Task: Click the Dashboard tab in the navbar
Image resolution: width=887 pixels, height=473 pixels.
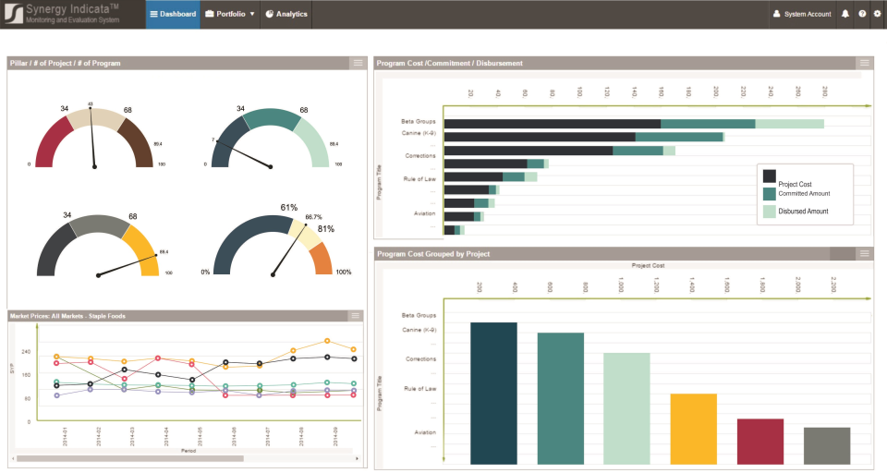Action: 173,14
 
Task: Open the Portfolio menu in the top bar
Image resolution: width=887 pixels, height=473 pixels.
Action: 229,14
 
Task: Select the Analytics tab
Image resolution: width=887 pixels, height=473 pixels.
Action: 286,14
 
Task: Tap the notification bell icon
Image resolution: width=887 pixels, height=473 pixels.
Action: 845,14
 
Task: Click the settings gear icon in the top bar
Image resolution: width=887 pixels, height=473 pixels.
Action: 877,14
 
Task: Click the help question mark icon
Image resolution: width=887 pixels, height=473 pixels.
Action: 861,14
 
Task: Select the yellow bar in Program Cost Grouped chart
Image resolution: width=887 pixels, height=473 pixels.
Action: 693,429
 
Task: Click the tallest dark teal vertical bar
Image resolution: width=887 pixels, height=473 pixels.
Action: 493,393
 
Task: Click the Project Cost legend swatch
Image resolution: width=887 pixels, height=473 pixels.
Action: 769,176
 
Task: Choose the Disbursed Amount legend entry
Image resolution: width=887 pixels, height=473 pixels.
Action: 803,212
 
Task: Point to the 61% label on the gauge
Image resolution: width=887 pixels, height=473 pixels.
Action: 288,208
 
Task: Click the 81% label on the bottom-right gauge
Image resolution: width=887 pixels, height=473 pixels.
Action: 326,229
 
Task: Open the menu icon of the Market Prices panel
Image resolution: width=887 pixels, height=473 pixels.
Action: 356,316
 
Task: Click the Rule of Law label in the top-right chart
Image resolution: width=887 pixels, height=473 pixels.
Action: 419,178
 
